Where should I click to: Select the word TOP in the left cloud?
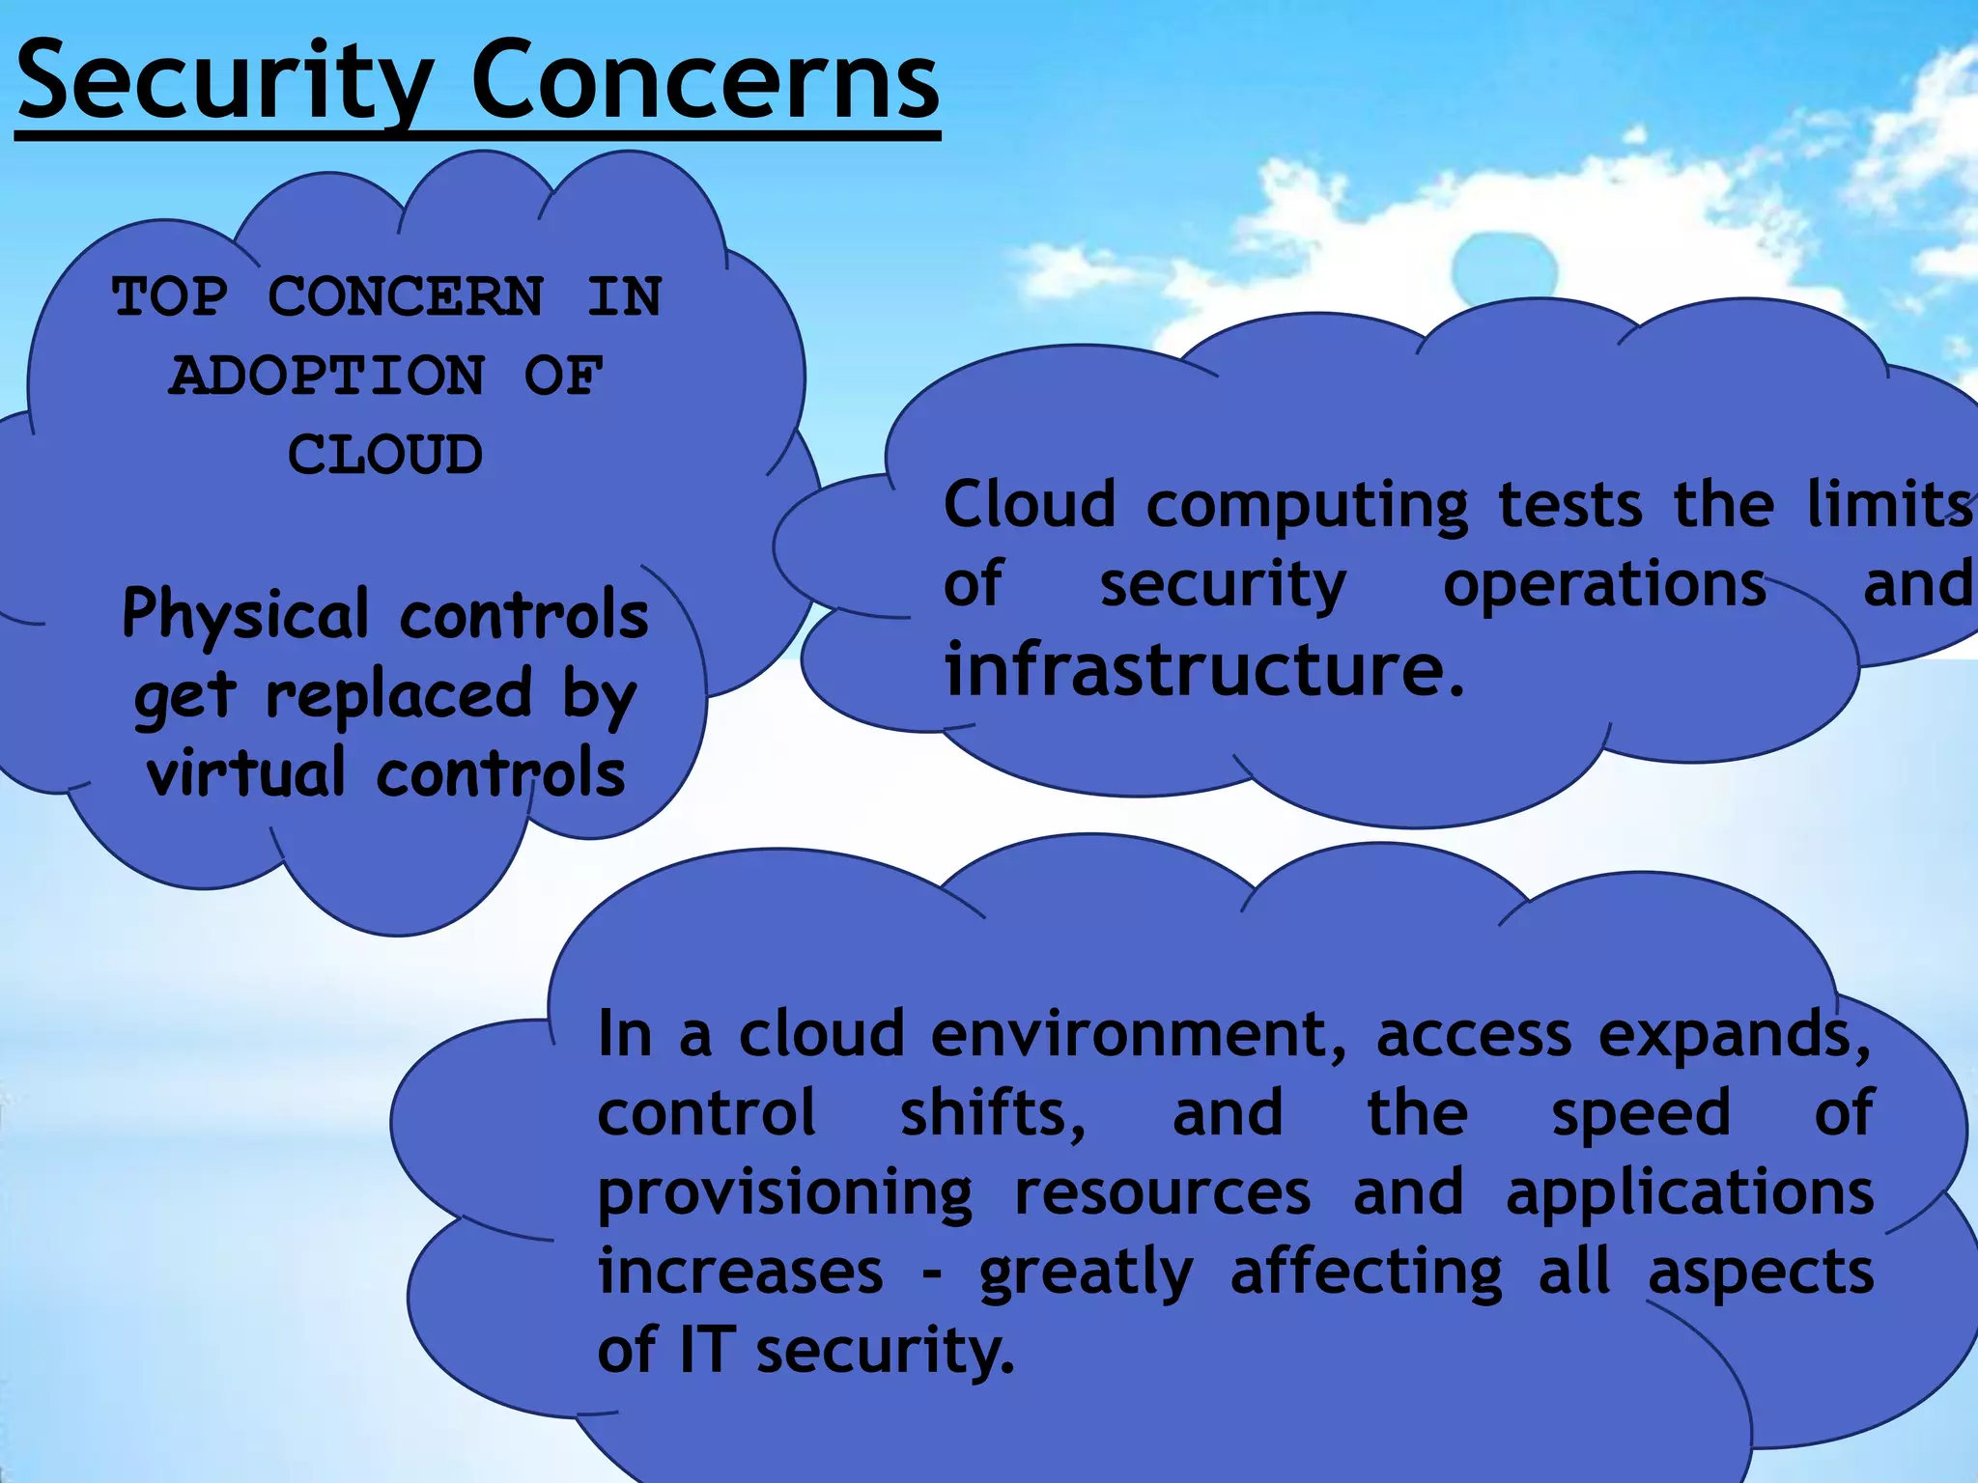170,296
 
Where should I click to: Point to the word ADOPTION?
326,376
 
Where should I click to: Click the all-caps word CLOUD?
384,455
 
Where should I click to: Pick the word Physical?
245,615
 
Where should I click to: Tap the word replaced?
399,694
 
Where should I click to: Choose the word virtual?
245,773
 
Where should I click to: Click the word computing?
1307,506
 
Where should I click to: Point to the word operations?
1604,585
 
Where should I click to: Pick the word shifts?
992,1113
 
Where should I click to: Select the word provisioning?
785,1194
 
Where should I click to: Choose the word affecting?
1367,1273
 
